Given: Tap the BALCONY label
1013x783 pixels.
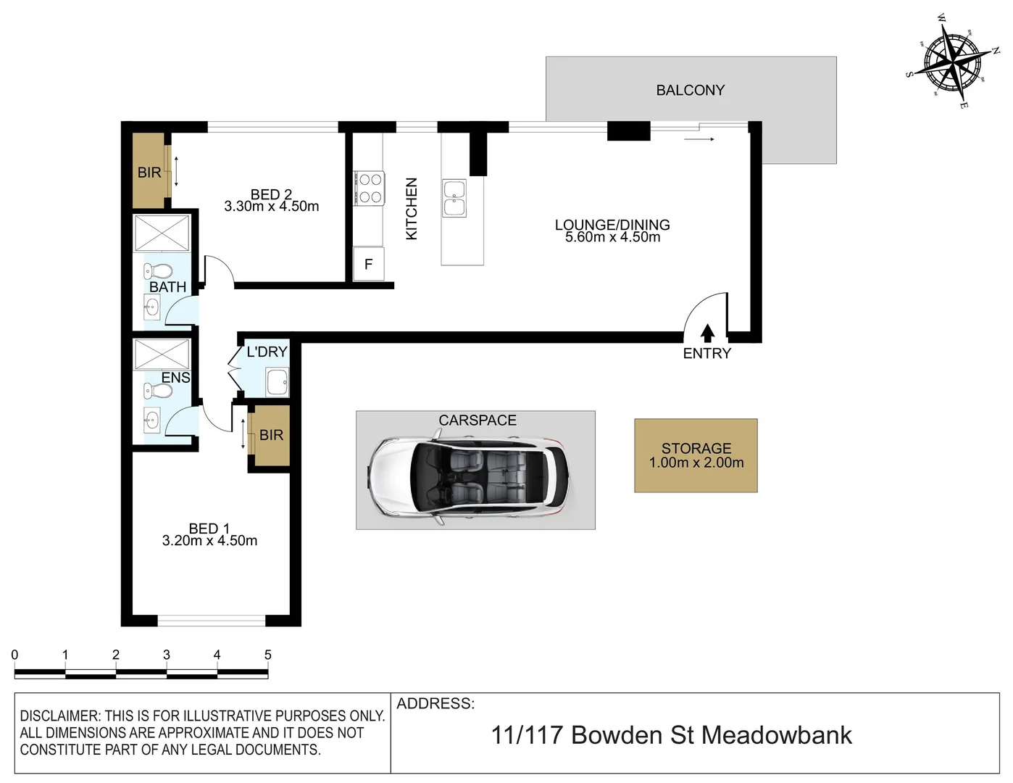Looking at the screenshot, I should click(x=690, y=91).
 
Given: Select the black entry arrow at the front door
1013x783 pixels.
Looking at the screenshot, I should click(x=708, y=333).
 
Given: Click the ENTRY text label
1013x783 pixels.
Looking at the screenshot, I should click(x=707, y=354).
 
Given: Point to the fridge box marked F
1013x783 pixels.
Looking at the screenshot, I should click(x=368, y=265).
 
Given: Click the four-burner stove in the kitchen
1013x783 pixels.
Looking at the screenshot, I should click(x=368, y=188).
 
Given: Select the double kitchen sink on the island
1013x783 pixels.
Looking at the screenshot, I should click(x=454, y=199).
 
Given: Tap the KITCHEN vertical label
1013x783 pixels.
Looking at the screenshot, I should click(x=412, y=209).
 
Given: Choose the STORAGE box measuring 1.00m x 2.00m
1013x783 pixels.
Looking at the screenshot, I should click(x=696, y=456).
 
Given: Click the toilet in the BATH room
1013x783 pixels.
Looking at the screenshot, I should click(x=158, y=272).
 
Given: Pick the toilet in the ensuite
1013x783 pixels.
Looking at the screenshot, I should click(x=158, y=391).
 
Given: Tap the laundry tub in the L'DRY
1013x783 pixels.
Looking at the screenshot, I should click(x=277, y=382).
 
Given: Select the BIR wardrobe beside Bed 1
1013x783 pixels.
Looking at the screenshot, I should click(x=270, y=435).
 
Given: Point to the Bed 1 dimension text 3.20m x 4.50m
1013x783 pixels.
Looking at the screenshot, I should click(x=209, y=541).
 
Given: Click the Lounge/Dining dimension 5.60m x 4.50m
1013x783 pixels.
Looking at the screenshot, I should click(x=612, y=237).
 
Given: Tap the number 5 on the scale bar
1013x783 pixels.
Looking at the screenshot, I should click(x=267, y=655).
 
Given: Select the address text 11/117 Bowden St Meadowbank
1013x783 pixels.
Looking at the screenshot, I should click(x=671, y=735).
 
